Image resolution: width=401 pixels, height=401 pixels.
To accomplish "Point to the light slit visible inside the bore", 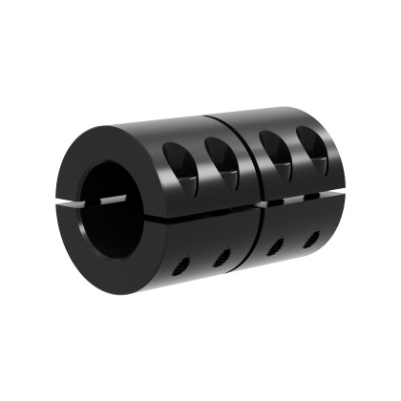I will point(115,199).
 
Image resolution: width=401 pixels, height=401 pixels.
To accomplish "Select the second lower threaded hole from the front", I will point(221,255).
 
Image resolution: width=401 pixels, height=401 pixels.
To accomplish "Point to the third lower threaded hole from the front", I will point(273,246).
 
